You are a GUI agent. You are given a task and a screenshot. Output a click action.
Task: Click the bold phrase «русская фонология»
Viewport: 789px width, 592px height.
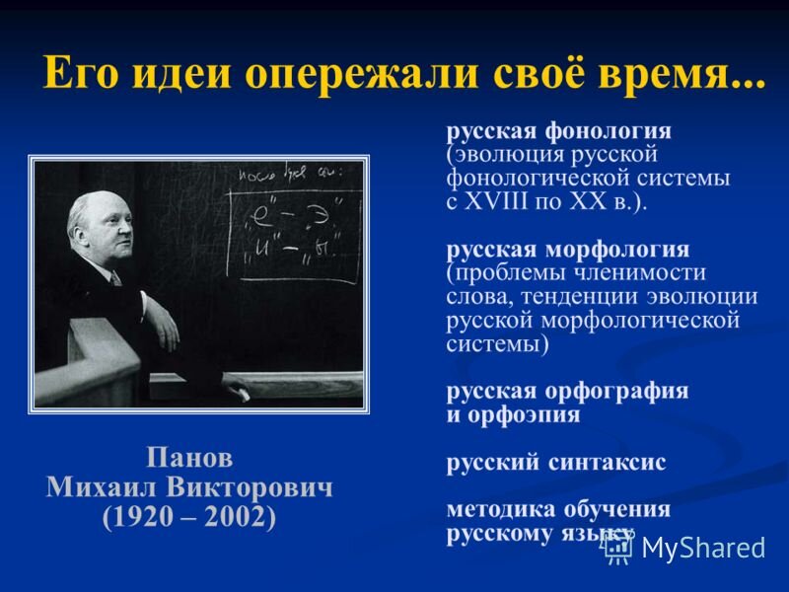coord(558,131)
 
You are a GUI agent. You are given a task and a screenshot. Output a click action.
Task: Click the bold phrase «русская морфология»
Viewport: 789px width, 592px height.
coord(567,249)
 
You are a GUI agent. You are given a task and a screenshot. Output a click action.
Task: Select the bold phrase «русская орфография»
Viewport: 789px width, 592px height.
coord(567,391)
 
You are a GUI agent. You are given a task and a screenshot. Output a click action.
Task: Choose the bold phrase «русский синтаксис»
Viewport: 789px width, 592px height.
coord(556,462)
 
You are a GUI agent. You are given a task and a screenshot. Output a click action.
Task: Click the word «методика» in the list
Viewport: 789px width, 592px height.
coord(503,509)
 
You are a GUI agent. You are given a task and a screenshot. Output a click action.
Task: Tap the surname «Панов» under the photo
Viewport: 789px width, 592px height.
coord(189,459)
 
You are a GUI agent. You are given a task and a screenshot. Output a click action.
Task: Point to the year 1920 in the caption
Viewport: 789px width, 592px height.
coord(144,518)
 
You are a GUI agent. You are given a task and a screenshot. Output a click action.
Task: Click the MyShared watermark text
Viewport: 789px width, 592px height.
coord(703,549)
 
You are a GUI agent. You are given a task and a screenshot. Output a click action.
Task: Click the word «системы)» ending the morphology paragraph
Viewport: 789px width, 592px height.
coord(498,344)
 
